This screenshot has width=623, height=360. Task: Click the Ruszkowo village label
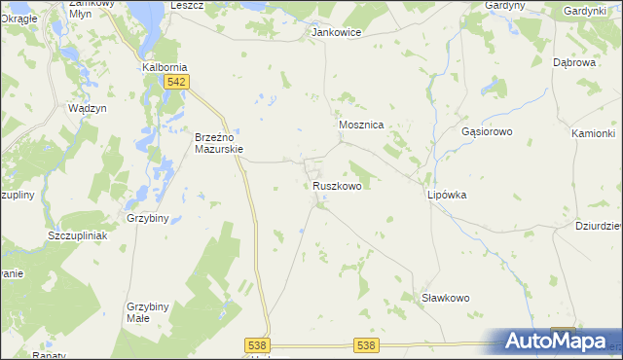coord(338,185)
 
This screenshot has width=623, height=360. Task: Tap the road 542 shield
coord(175,83)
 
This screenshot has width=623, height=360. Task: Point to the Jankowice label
coord(336,32)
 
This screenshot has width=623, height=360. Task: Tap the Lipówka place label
coord(447,195)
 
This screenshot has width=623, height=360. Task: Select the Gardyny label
coord(505,5)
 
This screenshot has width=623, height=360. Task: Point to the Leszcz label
coord(186,5)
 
